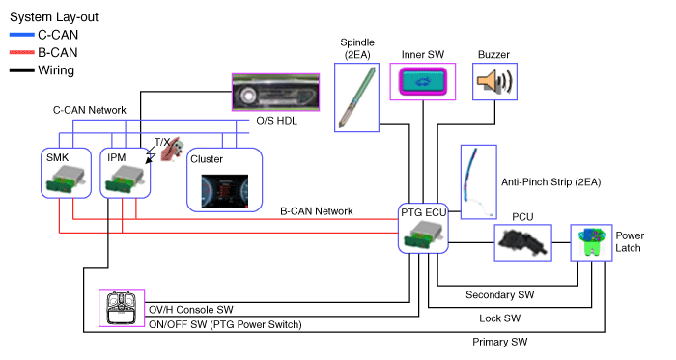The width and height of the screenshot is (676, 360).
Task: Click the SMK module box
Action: pyautogui.click(x=66, y=173)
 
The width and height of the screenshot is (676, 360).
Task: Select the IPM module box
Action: pyautogui.click(x=126, y=173)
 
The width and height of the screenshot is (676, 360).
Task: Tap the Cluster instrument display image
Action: pyautogui.click(x=225, y=192)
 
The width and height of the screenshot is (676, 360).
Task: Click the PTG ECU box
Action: pyautogui.click(x=423, y=228)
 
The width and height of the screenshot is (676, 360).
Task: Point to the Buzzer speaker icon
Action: pyautogui.click(x=494, y=81)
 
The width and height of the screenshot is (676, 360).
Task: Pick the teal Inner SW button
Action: pyautogui.click(x=423, y=82)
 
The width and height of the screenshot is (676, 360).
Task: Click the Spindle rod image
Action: pyautogui.click(x=356, y=97)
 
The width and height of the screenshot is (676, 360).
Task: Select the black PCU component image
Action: pyautogui.click(x=522, y=242)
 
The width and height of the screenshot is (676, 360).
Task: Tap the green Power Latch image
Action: pyautogui.click(x=591, y=242)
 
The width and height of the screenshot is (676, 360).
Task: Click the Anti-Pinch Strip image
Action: pyautogui.click(x=478, y=182)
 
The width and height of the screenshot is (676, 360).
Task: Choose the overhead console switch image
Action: pyautogui.click(x=122, y=308)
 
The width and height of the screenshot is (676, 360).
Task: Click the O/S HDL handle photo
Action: pyautogui.click(x=275, y=92)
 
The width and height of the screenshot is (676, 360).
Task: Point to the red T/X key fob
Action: pyautogui.click(x=172, y=150)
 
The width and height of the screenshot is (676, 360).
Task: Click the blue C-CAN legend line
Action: pyautogui.click(x=22, y=35)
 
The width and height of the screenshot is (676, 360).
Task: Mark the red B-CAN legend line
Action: pyautogui.click(x=22, y=52)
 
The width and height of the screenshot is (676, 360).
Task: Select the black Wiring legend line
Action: pyautogui.click(x=22, y=70)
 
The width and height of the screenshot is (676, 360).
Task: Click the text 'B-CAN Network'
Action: pyautogui.click(x=317, y=211)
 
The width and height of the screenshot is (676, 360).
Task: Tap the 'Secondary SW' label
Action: pyautogui.click(x=499, y=295)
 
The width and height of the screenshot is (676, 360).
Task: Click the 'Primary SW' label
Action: pyautogui.click(x=499, y=342)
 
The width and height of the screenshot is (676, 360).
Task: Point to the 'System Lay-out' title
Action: pyautogui.click(x=54, y=17)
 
